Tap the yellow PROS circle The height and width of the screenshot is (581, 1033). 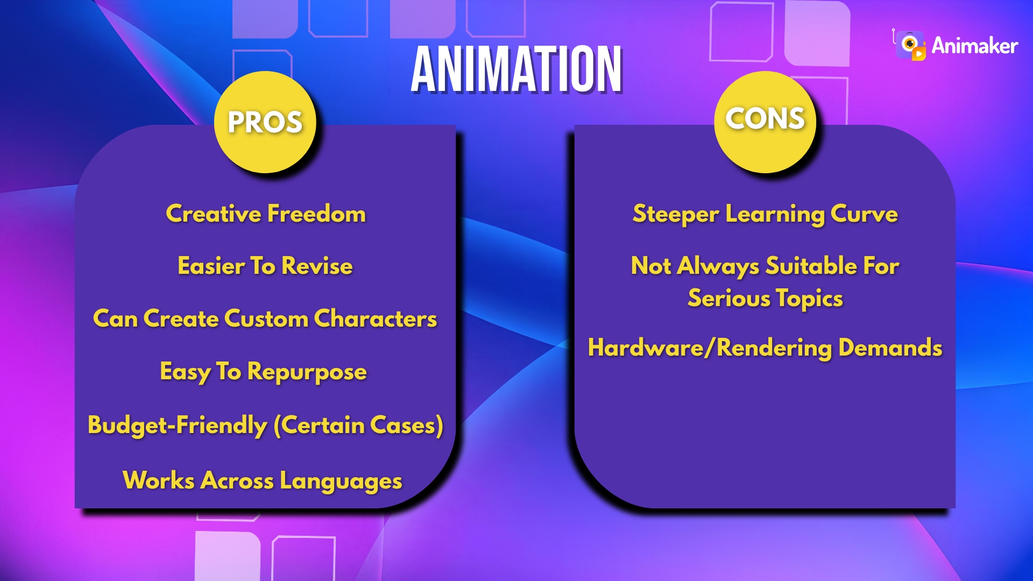[x=265, y=122]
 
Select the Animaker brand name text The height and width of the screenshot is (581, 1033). [x=974, y=46]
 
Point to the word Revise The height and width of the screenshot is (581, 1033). [x=317, y=266]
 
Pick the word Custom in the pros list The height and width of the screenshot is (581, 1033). [x=266, y=318]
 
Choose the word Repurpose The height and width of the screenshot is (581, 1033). [x=307, y=372]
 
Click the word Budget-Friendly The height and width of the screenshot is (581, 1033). [x=177, y=425]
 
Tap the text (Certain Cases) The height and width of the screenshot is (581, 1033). [x=358, y=425]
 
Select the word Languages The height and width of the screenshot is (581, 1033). [x=341, y=481]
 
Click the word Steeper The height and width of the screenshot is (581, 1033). [x=675, y=214]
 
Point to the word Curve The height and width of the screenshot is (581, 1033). [x=864, y=214]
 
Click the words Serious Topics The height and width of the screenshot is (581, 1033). [x=765, y=299]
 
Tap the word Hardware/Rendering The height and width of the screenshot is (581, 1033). [x=710, y=348]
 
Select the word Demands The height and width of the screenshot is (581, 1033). [x=890, y=348]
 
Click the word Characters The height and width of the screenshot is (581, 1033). [x=375, y=318]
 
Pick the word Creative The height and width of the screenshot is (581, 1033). [x=214, y=214]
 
